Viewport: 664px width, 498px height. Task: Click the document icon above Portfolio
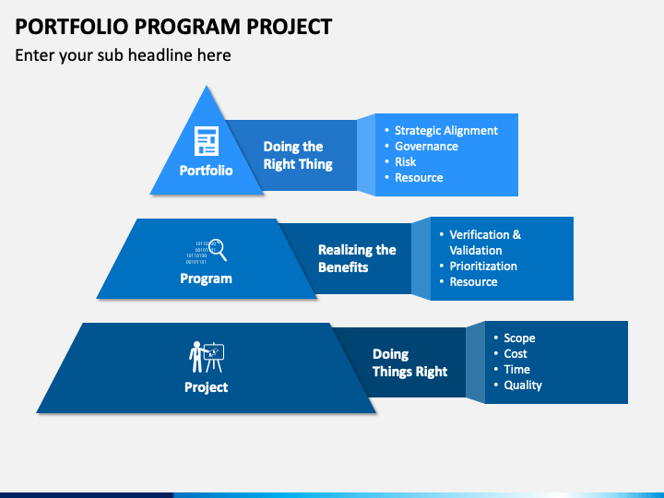click(x=207, y=141)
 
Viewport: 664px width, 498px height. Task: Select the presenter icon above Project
click(x=207, y=357)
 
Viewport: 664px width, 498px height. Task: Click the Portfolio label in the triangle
click(x=207, y=171)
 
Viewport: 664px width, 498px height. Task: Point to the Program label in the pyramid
click(x=207, y=279)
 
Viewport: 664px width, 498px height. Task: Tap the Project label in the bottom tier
click(x=207, y=387)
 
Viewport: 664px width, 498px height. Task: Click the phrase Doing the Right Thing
click(x=298, y=156)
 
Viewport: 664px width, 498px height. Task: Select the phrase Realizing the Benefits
click(x=357, y=258)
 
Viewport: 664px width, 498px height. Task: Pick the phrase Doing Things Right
click(x=409, y=362)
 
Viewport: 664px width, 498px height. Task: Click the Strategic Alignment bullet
click(x=446, y=131)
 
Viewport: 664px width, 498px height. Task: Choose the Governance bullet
click(x=426, y=146)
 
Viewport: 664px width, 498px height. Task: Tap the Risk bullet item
click(x=405, y=161)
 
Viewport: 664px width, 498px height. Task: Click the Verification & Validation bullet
click(x=485, y=243)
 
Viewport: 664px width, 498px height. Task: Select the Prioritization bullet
click(x=483, y=266)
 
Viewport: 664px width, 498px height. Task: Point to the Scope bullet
click(x=519, y=338)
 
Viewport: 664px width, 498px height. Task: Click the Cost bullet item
click(x=516, y=353)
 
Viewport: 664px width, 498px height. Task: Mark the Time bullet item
click(x=516, y=369)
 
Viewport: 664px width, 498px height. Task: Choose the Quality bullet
click(x=523, y=385)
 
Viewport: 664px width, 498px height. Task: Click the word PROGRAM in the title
click(x=187, y=27)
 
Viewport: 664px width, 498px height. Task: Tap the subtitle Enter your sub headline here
click(x=123, y=55)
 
